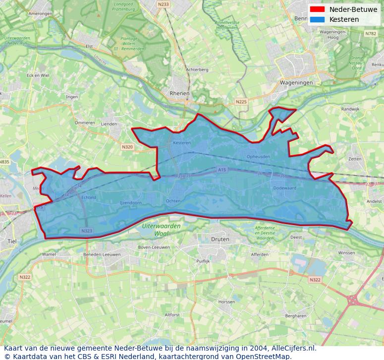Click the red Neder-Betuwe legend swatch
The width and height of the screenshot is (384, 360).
click(317, 9)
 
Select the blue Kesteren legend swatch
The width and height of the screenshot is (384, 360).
click(317, 19)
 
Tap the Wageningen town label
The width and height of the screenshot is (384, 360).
click(296, 83)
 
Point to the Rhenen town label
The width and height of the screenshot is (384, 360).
click(179, 93)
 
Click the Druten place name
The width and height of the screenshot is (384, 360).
click(220, 239)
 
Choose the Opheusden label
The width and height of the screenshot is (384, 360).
click(258, 157)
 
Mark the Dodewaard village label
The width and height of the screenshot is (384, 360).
click(284, 188)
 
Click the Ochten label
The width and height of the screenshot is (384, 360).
click(173, 201)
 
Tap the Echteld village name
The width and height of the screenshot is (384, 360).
click(89, 197)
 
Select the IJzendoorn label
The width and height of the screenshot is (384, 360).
click(131, 203)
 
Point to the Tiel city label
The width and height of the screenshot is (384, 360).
click(12, 241)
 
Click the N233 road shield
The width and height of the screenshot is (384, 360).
click(163, 4)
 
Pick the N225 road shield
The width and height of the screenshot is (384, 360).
click(241, 102)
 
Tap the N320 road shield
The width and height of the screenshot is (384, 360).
click(127, 147)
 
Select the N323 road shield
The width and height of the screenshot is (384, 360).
click(86, 231)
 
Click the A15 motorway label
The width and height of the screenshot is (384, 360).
click(221, 170)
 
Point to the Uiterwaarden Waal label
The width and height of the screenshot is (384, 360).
click(162, 229)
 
